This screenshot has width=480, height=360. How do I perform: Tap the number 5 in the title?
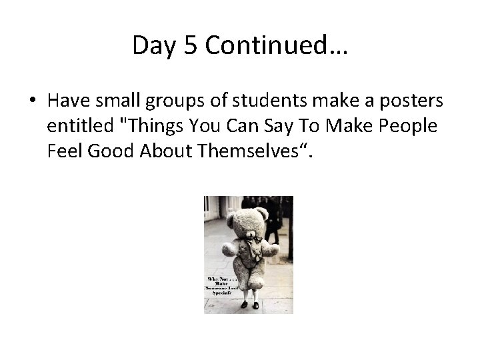tap(189, 45)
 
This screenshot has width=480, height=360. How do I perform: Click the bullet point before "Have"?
tap(32, 101)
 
